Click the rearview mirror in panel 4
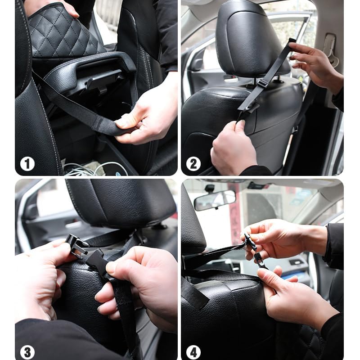click(215, 199)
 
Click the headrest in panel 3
click(121, 202)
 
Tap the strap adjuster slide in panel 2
click(263, 83)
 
